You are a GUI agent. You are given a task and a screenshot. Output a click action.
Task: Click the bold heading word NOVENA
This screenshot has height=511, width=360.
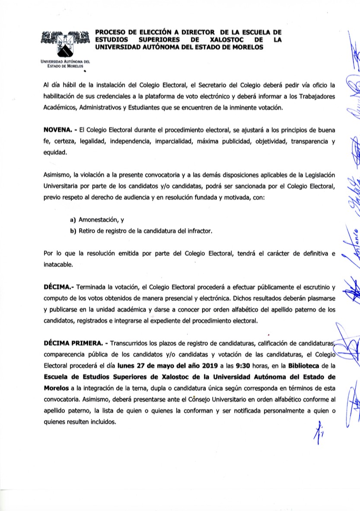(57, 130)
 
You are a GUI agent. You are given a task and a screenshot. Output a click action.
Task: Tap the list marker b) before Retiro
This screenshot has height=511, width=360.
(73, 231)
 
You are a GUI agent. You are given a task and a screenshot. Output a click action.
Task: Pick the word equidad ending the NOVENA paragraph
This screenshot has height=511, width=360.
(54, 152)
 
